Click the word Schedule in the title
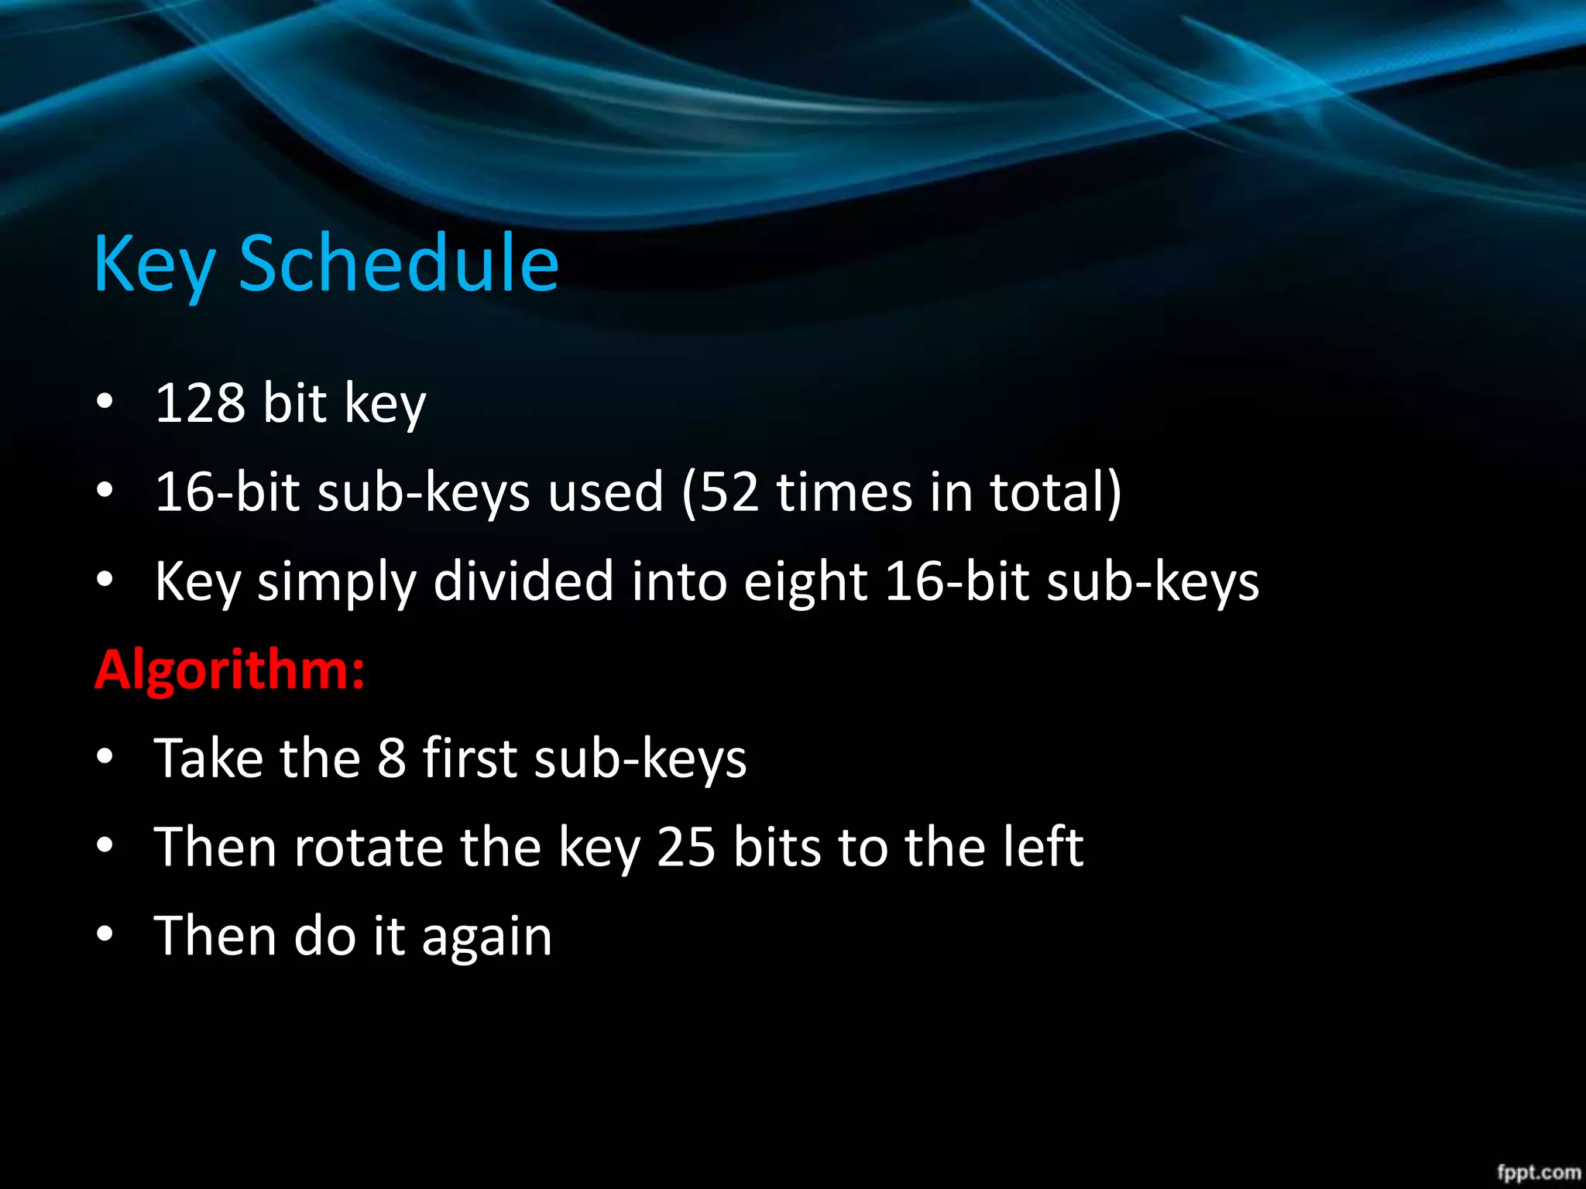(399, 264)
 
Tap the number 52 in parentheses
(729, 492)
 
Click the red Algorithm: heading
(229, 670)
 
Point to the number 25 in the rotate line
(685, 847)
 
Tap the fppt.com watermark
(1537, 1172)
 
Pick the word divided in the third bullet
(523, 581)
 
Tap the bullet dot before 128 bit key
(105, 402)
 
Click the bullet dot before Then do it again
(105, 934)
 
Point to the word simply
(337, 582)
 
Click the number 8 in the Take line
(391, 759)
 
